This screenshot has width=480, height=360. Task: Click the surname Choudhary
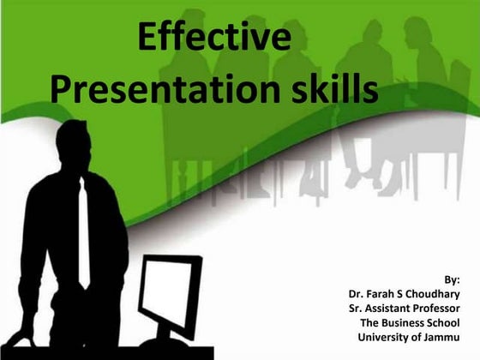(x=431, y=294)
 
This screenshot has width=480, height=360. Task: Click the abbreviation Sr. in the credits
(x=346, y=308)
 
